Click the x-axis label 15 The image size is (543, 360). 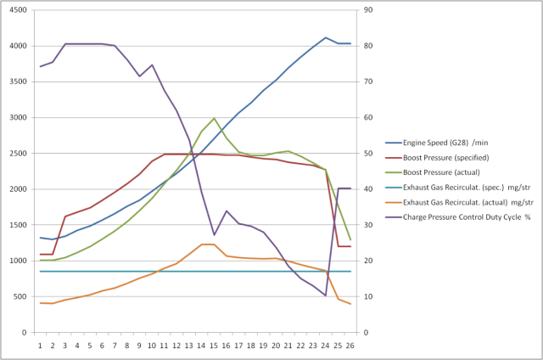click(x=214, y=345)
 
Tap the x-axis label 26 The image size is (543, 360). click(x=350, y=345)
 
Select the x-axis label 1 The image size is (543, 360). click(x=41, y=345)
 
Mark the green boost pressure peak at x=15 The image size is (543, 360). click(x=214, y=118)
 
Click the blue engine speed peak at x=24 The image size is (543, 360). click(x=326, y=37)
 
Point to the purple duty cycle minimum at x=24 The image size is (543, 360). click(x=326, y=295)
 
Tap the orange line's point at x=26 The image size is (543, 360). click(x=350, y=304)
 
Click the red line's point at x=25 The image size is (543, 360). click(x=338, y=246)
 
